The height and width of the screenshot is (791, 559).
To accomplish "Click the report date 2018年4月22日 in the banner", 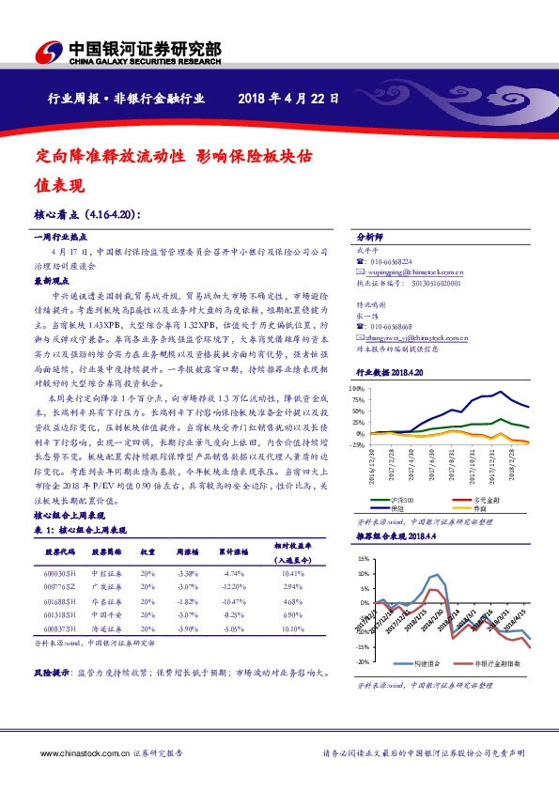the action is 288,98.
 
